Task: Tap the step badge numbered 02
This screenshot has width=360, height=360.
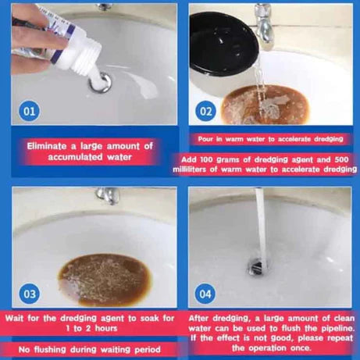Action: (x=206, y=111)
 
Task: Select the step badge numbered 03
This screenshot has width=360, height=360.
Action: (x=30, y=294)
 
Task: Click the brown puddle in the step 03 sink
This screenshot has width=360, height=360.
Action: (x=104, y=277)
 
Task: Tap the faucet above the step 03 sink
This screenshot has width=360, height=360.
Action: (x=108, y=195)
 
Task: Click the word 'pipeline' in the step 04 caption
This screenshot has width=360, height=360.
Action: (x=328, y=327)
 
